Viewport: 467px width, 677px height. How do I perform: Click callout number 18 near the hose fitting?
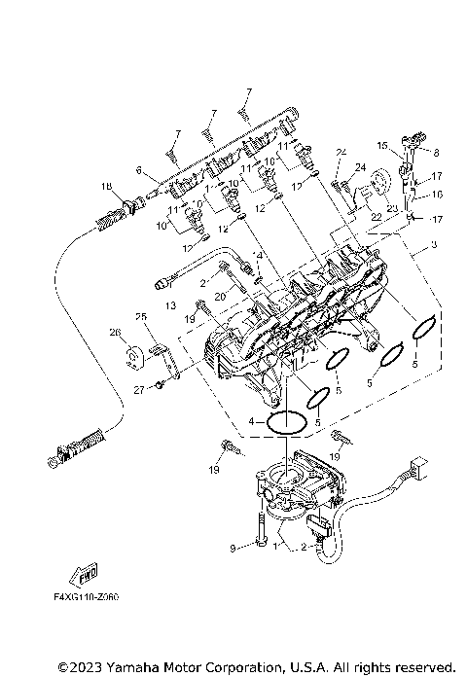pyautogui.click(x=105, y=186)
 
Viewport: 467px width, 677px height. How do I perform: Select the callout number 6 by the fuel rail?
pyautogui.click(x=139, y=170)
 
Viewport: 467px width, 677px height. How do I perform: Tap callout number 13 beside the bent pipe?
pyautogui.click(x=171, y=305)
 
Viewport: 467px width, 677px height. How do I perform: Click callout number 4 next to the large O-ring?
pyautogui.click(x=251, y=421)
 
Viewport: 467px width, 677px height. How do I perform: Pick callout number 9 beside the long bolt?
pyautogui.click(x=233, y=548)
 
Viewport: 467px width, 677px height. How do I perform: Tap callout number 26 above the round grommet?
pyautogui.click(x=115, y=333)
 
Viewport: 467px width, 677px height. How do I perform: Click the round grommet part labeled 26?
pyautogui.click(x=133, y=364)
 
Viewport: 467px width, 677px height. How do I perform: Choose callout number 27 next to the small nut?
pyautogui.click(x=138, y=389)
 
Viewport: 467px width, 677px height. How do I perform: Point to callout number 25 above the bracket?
pyautogui.click(x=140, y=317)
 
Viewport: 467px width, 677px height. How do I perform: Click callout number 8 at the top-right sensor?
pyautogui.click(x=436, y=153)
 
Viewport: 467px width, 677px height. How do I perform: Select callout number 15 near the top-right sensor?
pyautogui.click(x=383, y=146)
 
